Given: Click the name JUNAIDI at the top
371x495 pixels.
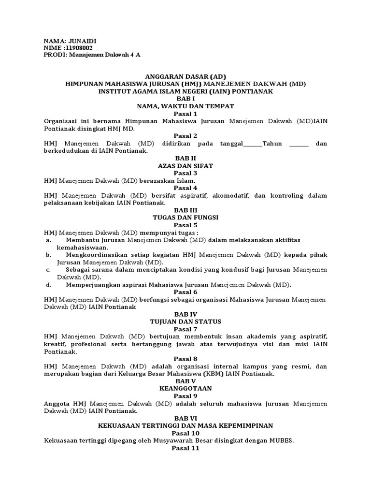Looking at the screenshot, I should [84, 41].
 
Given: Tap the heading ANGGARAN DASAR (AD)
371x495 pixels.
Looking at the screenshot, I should [185, 76].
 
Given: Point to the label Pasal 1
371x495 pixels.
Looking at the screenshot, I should [185, 114].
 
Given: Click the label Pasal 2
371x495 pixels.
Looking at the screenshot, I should [185, 136].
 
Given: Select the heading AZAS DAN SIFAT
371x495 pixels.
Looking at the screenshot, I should [185, 165].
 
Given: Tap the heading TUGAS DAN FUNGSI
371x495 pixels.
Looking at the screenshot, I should [185, 218].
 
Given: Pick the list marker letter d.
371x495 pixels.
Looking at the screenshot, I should [48, 285].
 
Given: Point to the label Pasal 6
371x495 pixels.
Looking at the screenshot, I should [185, 292].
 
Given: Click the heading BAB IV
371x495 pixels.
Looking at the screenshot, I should [185, 314].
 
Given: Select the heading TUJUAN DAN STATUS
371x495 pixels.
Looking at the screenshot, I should [185, 321].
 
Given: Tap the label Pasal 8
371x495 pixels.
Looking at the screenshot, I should [185, 359].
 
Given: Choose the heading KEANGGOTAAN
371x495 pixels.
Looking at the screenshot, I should [185, 388].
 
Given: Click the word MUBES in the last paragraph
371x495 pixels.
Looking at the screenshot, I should [280, 440].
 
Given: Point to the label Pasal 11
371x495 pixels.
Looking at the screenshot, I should [185, 448].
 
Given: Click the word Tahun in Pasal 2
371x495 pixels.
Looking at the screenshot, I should [274, 143].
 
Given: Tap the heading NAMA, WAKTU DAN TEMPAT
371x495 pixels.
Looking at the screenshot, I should [185, 106].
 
